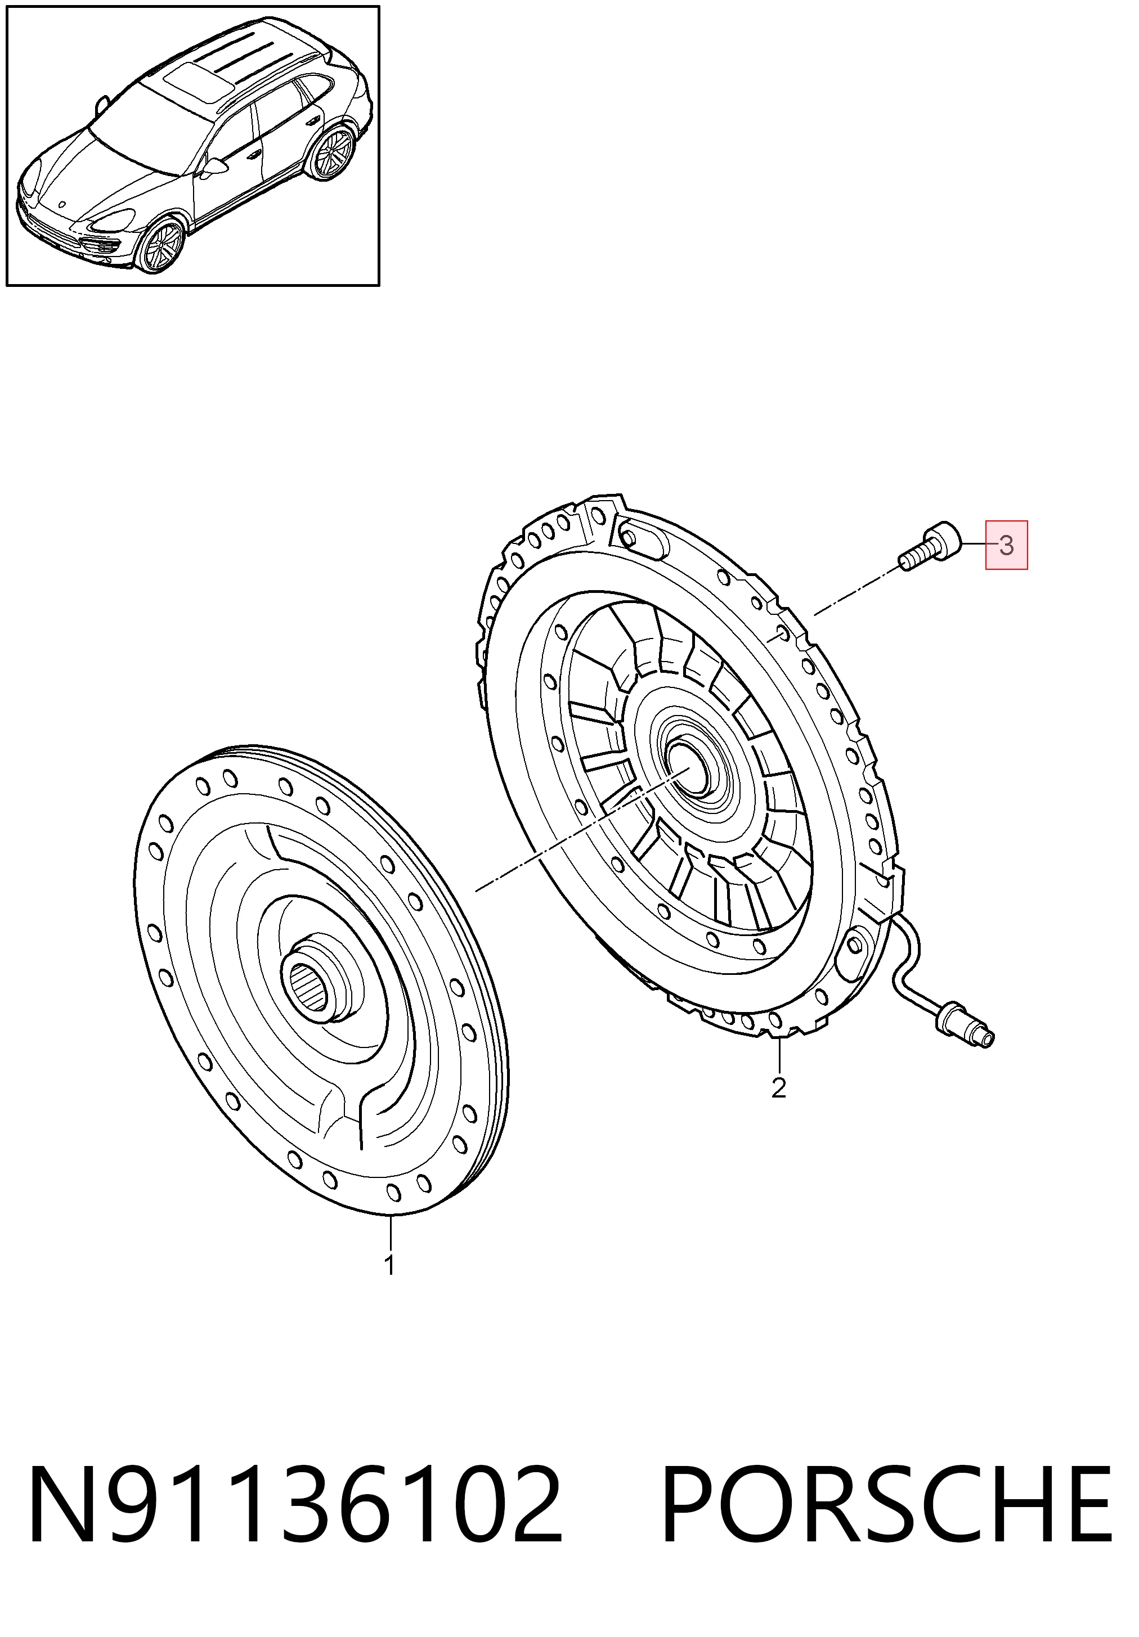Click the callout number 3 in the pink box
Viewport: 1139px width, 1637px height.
1006,546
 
